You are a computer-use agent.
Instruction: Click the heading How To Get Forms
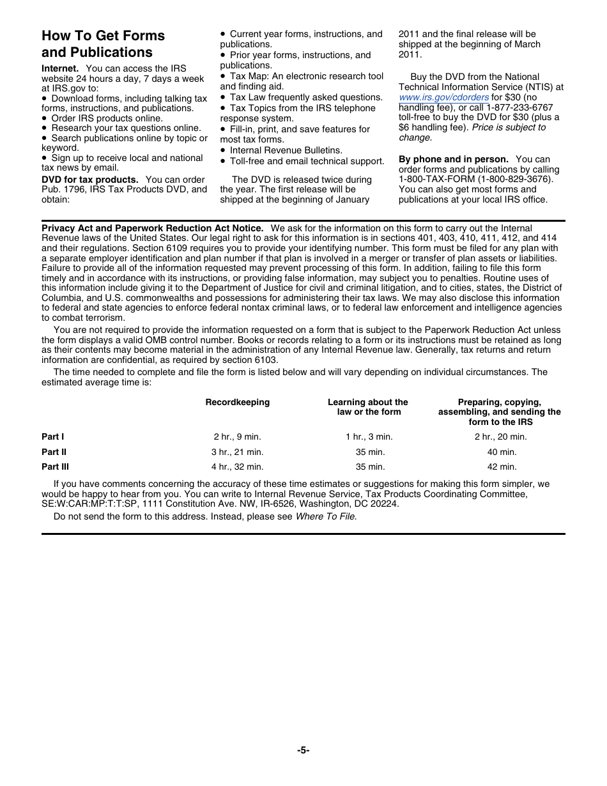pos(103,36)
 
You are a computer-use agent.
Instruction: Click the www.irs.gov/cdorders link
pos(443,97)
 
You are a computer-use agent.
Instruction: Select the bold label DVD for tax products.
pos(90,180)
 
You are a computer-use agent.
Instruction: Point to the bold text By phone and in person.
pos(454,159)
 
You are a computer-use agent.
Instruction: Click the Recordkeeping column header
pos(238,403)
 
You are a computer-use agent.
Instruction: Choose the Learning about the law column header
pos(368,407)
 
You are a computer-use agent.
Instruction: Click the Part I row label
pos(53,437)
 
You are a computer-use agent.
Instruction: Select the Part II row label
pos(54,452)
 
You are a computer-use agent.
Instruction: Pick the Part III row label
pos(56,467)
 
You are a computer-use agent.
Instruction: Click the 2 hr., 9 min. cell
pos(238,437)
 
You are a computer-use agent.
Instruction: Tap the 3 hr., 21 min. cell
pos(238,452)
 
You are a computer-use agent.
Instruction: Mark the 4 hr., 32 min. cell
pos(238,467)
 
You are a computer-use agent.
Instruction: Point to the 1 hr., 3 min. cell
pos(369,437)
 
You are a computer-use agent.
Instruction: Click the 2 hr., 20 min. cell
pos(501,437)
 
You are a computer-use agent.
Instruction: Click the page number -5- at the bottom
pos(303,751)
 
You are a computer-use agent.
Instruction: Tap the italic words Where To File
pos(325,516)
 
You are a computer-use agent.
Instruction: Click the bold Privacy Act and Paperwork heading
pos(152,228)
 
